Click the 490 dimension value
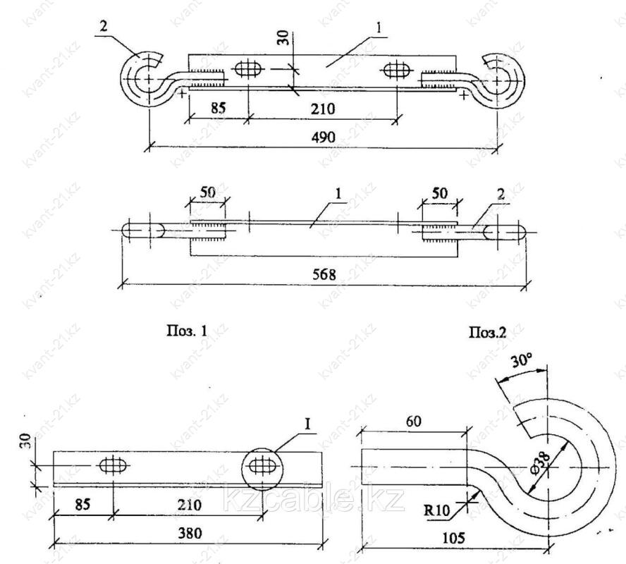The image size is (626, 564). coord(323,137)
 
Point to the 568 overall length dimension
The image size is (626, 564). coord(324,275)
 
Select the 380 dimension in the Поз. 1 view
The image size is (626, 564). coord(189,533)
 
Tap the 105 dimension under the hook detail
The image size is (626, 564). coord(453,538)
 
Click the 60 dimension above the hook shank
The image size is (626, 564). coord(414,421)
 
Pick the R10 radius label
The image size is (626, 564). coord(437,510)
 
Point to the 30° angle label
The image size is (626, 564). coord(522,362)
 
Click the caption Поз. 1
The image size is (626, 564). coord(187,331)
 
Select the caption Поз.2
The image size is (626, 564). coord(487,332)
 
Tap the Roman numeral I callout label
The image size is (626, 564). coord(307,424)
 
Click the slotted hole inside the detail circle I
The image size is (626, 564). coord(262,466)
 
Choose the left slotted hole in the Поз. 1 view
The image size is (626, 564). coord(113,466)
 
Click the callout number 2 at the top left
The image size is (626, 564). coord(104,27)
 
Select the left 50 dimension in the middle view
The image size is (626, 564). coord(207,192)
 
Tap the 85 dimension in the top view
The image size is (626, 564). coord(219,108)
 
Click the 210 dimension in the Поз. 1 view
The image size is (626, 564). coord(189,505)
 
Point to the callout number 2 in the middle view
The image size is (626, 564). coord(501,195)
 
